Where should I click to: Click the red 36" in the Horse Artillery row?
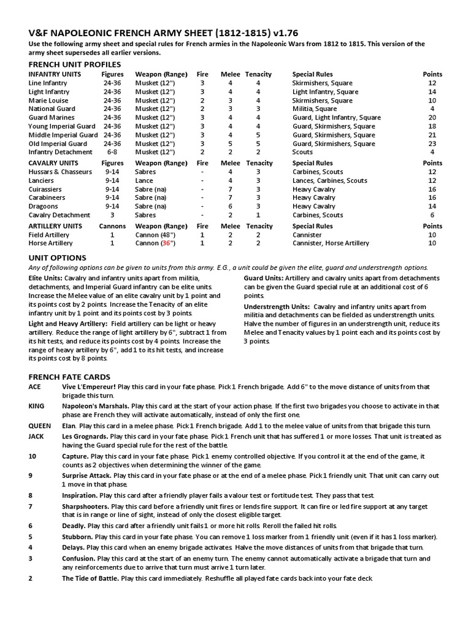(x=166, y=243)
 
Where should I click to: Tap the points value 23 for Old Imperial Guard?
(x=432, y=144)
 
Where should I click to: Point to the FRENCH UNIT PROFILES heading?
(x=75, y=64)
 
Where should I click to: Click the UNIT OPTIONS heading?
(x=58, y=258)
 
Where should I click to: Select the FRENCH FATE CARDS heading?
(x=70, y=377)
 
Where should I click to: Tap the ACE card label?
(x=36, y=387)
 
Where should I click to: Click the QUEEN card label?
(x=39, y=426)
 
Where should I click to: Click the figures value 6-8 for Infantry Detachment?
(x=112, y=152)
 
